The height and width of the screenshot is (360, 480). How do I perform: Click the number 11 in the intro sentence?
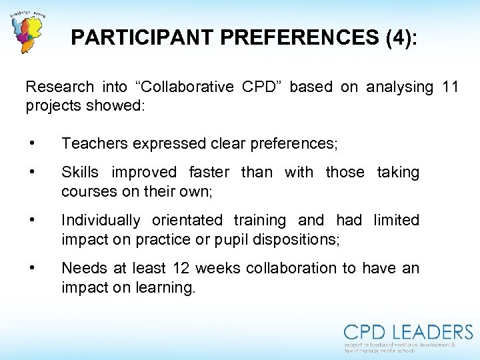[x=450, y=87]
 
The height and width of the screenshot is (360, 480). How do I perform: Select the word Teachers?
[x=94, y=143]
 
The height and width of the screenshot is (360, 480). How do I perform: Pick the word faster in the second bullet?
[x=209, y=173]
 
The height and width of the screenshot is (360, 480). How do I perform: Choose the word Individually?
[x=101, y=221]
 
